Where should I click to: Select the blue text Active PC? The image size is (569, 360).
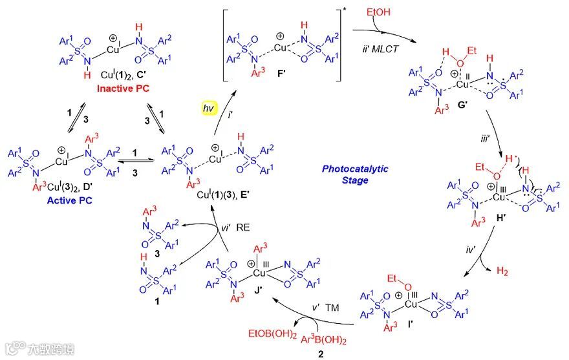click(70, 200)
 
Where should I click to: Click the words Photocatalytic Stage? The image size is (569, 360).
click(356, 175)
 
